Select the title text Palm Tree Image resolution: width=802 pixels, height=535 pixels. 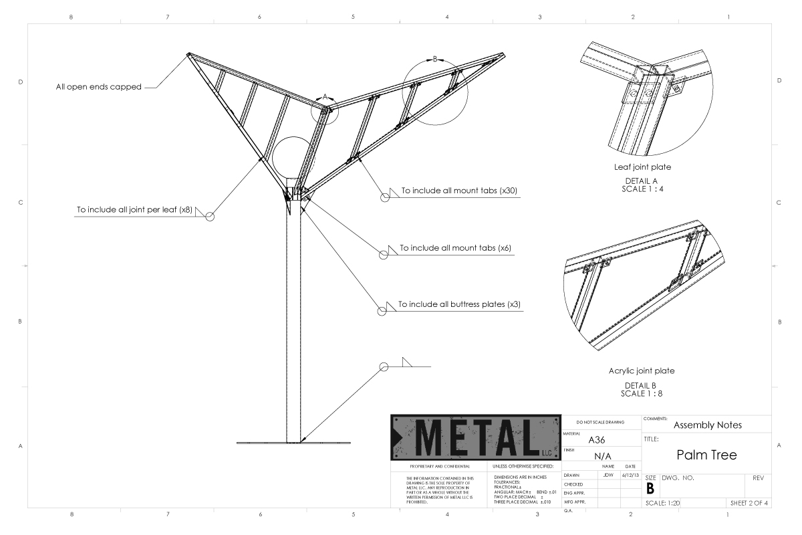pyautogui.click(x=706, y=455)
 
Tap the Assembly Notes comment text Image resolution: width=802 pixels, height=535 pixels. pyautogui.click(x=707, y=425)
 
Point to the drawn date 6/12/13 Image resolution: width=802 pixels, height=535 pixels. pyautogui.click(x=630, y=474)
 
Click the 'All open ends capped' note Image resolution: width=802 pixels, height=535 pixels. pyautogui.click(x=98, y=87)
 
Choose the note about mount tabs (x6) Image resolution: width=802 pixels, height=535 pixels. pyautogui.click(x=456, y=247)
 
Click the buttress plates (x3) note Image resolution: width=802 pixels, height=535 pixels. pyautogui.click(x=459, y=304)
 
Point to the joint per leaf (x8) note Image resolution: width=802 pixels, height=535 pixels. pyautogui.click(x=135, y=210)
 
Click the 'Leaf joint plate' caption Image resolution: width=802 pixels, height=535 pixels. pyautogui.click(x=642, y=167)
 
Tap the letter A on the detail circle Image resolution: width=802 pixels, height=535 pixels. pyautogui.click(x=325, y=97)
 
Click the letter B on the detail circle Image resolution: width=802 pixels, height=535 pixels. pyautogui.click(x=435, y=59)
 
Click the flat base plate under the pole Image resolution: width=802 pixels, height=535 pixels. pyautogui.click(x=294, y=443)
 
